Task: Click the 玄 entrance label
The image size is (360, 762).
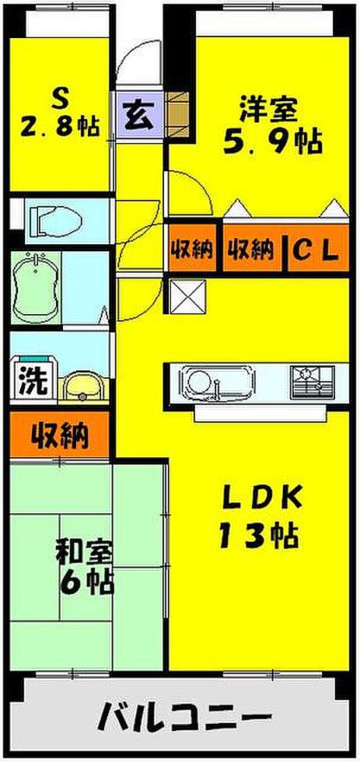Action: (139, 116)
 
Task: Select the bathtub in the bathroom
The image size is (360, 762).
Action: (35, 287)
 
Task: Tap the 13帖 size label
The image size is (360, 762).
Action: (257, 535)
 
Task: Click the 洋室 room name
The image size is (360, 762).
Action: (267, 110)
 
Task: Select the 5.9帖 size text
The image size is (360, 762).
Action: (271, 142)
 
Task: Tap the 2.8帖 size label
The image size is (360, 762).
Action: (60, 128)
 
